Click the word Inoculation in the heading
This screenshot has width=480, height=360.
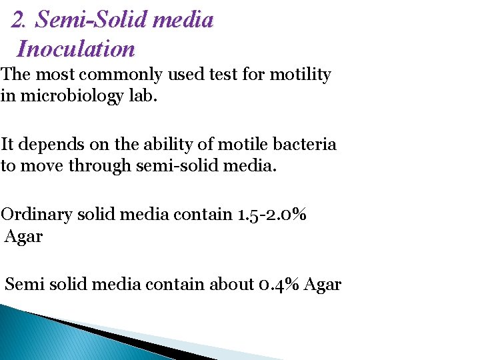click(76, 49)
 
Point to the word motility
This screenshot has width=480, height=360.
click(300, 75)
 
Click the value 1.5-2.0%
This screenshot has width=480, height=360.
click(271, 215)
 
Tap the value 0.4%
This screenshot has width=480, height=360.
click(279, 285)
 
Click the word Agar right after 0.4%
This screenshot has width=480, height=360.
click(323, 285)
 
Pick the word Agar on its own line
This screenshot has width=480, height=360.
click(23, 235)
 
